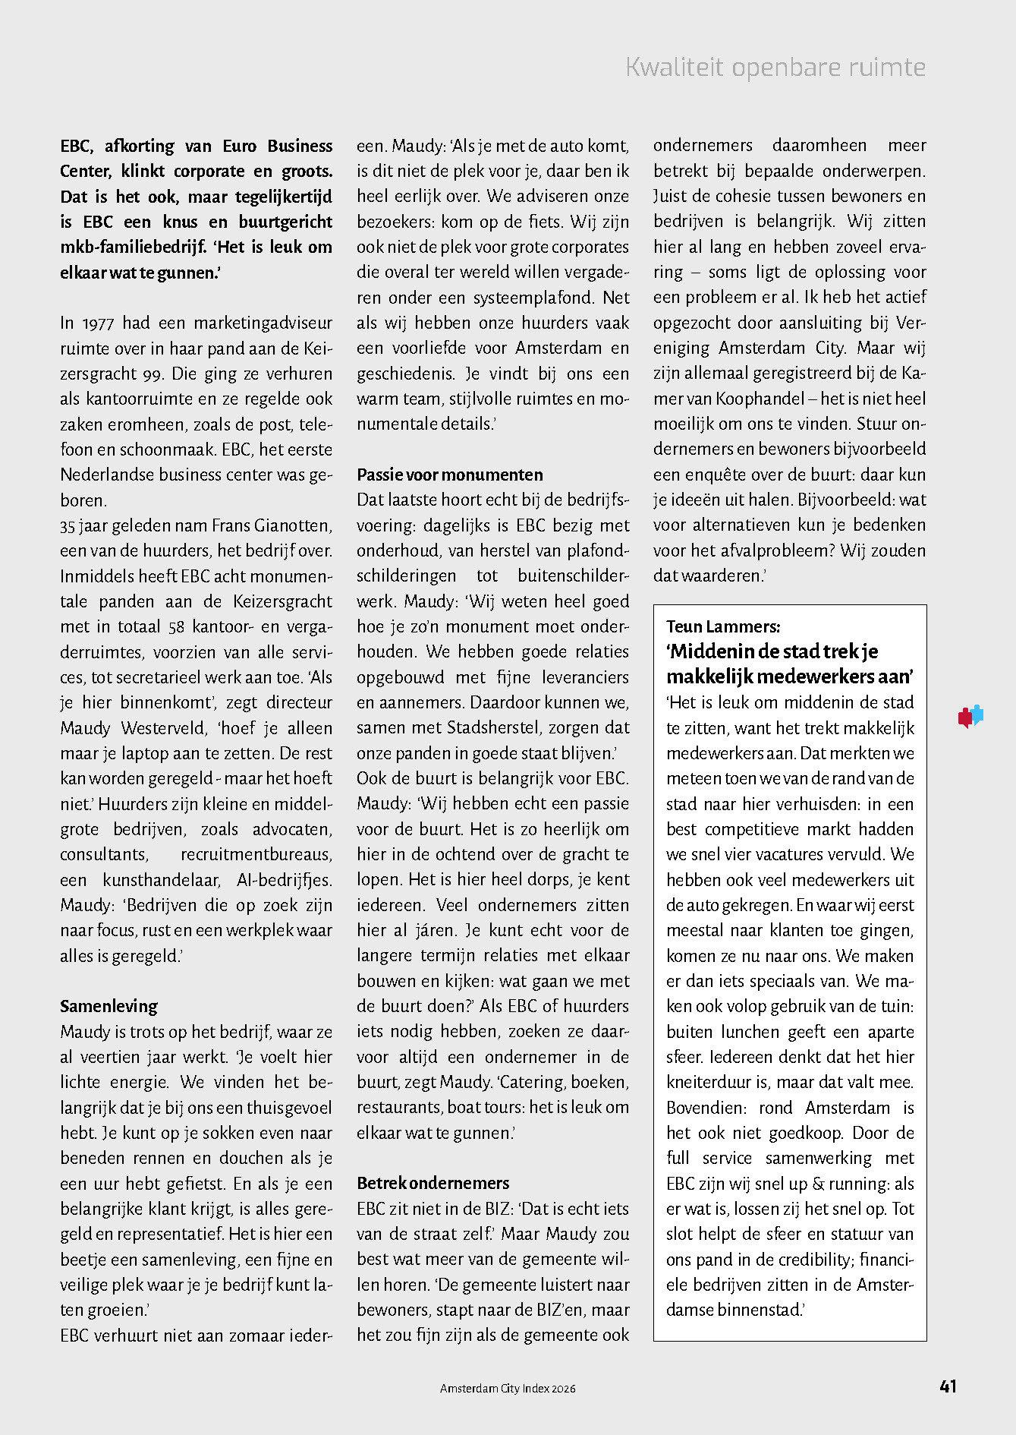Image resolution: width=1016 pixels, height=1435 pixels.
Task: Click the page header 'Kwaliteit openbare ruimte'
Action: pos(775,68)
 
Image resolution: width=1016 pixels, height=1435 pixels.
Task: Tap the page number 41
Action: pos(948,1386)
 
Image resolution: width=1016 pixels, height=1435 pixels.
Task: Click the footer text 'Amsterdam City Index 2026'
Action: pos(508,1388)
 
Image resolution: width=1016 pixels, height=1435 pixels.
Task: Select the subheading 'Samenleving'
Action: pos(109,1006)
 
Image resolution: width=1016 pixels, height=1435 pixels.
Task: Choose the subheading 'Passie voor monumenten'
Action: pos(450,475)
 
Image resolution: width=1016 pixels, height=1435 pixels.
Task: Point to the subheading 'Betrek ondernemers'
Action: pos(433,1183)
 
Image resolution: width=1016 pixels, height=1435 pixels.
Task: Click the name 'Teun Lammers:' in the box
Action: pos(723,626)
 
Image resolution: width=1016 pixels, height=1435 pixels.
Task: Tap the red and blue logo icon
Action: pos(970,716)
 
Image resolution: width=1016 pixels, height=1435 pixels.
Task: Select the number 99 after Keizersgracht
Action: pos(154,374)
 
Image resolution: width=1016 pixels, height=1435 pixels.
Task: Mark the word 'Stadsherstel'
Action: pos(494,727)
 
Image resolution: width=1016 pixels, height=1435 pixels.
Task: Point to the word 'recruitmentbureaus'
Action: pos(256,854)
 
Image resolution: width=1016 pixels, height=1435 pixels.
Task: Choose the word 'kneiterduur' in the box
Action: pos(712,1082)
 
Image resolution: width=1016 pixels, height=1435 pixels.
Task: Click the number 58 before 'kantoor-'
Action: pos(177,626)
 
